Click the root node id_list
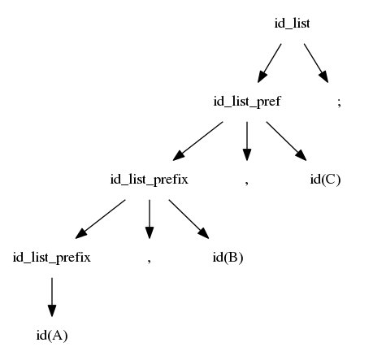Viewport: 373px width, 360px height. [292, 24]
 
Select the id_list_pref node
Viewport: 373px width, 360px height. [247, 102]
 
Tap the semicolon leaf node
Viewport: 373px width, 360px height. [339, 102]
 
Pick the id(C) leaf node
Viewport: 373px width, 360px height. [325, 180]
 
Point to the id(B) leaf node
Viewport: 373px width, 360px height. [228, 258]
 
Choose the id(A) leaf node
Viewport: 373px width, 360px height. [52, 336]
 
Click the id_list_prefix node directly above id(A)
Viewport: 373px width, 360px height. [52, 258]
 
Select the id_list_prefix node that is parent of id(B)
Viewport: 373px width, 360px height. [150, 180]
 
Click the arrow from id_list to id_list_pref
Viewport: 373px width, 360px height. [269, 63]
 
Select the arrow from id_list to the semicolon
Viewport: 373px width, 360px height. [316, 63]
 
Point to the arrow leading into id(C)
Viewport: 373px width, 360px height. [286, 141]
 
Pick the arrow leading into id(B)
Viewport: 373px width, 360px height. [189, 219]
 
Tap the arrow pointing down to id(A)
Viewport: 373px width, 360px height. [52, 297]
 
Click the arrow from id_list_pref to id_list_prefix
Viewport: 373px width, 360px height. [197, 141]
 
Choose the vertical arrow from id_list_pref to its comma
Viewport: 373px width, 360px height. [247, 141]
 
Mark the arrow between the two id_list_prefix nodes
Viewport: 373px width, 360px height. [100, 219]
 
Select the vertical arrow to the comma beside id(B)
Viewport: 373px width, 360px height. [150, 219]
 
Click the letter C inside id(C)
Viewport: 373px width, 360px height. [328, 180]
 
